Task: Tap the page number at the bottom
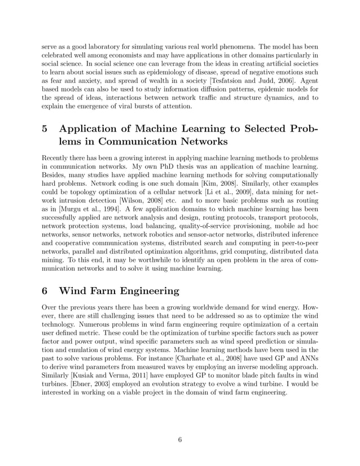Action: pos(179,441)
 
